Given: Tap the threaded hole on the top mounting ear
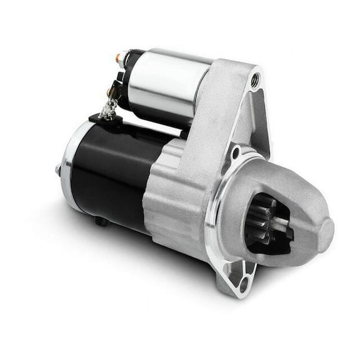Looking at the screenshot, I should pos(254,79).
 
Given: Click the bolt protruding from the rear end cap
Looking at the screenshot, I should pos(57,169).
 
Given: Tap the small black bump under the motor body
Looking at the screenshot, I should pos(100,221).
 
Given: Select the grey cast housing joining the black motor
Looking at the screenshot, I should pos(172,194).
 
